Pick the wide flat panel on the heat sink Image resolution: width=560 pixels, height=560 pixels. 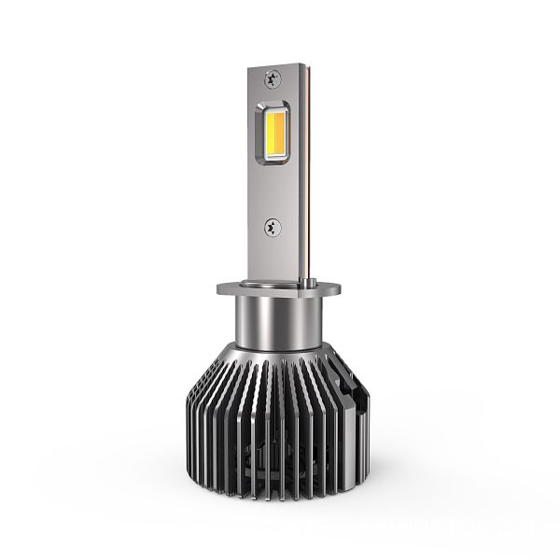(x=338, y=411)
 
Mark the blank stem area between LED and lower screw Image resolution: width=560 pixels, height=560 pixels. (x=278, y=196)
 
